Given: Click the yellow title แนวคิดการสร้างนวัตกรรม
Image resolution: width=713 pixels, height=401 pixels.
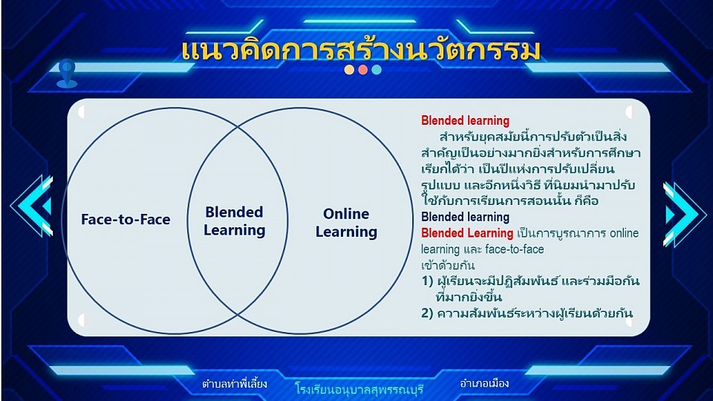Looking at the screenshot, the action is pyautogui.click(x=361, y=50).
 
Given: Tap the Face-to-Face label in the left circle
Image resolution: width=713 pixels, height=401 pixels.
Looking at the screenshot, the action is pyautogui.click(x=126, y=220).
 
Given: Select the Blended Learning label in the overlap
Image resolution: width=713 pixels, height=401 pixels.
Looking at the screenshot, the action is pyautogui.click(x=234, y=221).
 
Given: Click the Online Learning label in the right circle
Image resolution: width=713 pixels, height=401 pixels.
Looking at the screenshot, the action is pyautogui.click(x=346, y=223).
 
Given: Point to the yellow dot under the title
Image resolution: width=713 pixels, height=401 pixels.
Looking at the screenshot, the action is pyautogui.click(x=349, y=70).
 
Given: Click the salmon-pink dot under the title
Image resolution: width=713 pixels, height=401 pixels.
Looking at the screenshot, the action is pyautogui.click(x=363, y=70).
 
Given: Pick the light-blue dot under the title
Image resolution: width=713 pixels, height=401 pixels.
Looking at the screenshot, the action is pyautogui.click(x=377, y=70).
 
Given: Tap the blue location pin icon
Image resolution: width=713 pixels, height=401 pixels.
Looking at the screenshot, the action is pyautogui.click(x=67, y=74).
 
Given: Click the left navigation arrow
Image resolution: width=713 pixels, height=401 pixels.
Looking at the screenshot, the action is pyautogui.click(x=33, y=206).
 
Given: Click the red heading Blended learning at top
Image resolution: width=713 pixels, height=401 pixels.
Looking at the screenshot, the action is pyautogui.click(x=465, y=120).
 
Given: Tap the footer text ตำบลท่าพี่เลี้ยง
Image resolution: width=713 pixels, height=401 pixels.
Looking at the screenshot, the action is pyautogui.click(x=235, y=384).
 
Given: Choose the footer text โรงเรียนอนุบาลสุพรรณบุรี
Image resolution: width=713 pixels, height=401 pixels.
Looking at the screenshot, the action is pyautogui.click(x=359, y=389).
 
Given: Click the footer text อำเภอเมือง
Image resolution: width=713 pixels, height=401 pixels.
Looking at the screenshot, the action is pyautogui.click(x=484, y=383).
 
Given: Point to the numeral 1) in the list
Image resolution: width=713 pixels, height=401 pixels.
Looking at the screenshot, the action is pyautogui.click(x=427, y=281).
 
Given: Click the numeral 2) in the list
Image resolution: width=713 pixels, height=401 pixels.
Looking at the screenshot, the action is pyautogui.click(x=427, y=313).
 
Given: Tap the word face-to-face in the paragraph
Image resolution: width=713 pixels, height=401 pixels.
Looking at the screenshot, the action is pyautogui.click(x=514, y=250).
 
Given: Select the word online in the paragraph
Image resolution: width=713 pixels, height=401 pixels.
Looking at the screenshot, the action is pyautogui.click(x=625, y=233).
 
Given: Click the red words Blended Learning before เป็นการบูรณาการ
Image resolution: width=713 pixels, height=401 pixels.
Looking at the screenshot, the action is pyautogui.click(x=467, y=233).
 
